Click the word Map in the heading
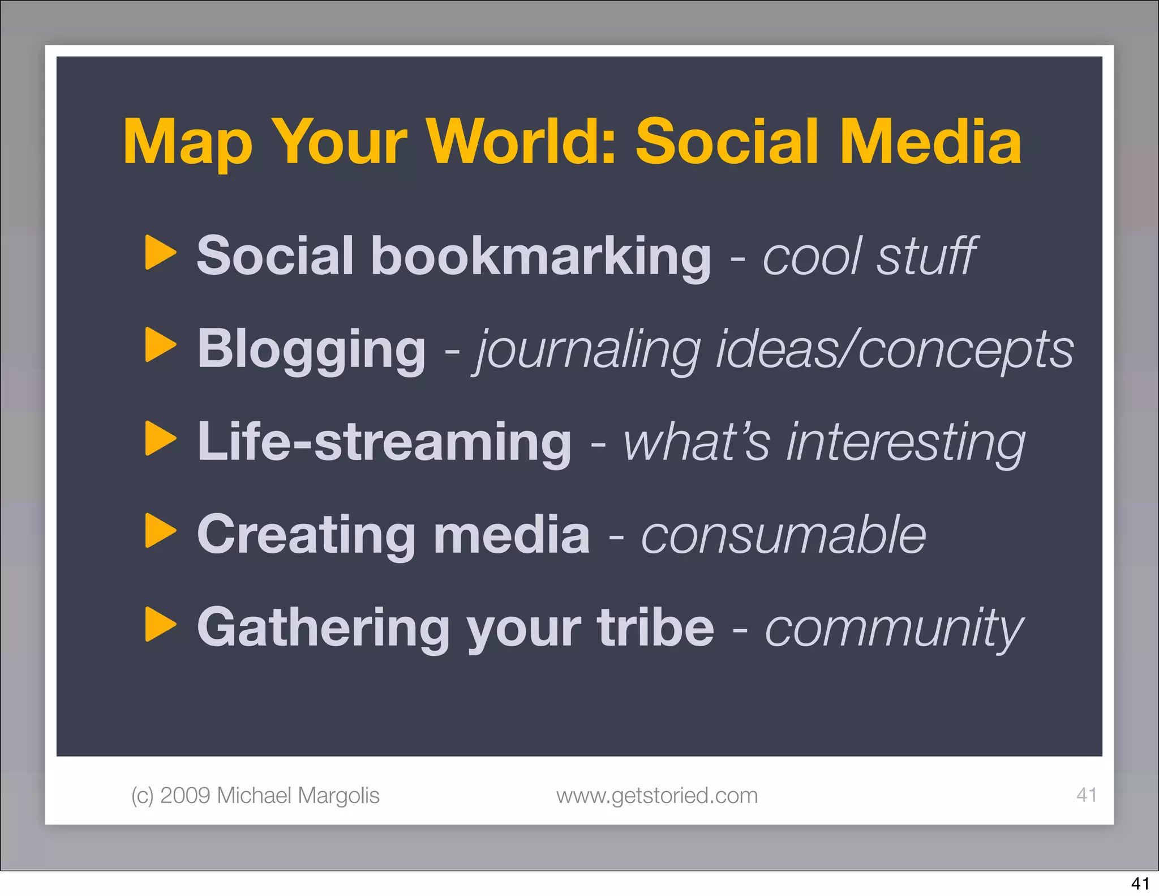[x=187, y=143]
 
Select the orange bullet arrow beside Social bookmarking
[x=160, y=253]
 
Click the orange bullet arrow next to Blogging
[x=160, y=345]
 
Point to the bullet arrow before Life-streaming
[x=160, y=438]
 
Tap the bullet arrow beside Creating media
[x=160, y=531]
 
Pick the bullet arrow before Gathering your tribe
[x=160, y=624]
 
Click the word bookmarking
[x=540, y=256]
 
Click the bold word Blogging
[x=311, y=349]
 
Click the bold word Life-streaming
[x=384, y=442]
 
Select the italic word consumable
[x=783, y=535]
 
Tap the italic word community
[x=894, y=629]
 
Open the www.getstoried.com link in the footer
[x=656, y=796]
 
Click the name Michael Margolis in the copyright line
[x=298, y=796]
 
